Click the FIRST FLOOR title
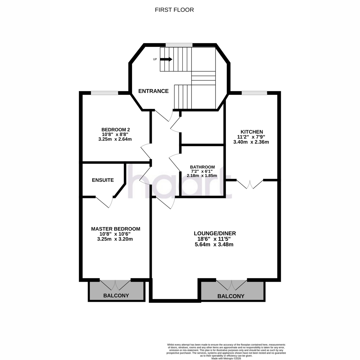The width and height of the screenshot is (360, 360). tap(174, 10)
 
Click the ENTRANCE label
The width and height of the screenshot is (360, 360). tap(153, 91)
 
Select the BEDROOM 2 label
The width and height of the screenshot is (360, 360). tap(115, 130)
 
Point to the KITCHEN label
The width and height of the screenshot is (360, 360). tap(252, 132)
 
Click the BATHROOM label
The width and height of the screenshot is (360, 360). tap(202, 167)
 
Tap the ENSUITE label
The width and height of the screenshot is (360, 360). tap(103, 180)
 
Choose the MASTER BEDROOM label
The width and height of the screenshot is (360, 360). tap(115, 229)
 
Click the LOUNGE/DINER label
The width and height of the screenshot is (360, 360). tap(215, 233)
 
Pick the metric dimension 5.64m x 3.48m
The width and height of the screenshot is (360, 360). tap(214, 244)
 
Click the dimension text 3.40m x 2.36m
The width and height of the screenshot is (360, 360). tap(251, 142)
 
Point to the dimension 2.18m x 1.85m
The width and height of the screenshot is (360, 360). tap(202, 175)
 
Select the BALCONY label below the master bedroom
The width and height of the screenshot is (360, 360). tap(116, 295)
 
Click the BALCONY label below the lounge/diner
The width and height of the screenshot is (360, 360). tap(231, 296)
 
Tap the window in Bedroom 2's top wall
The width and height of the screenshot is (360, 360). tap(105, 93)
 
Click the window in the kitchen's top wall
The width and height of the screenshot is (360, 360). tap(254, 93)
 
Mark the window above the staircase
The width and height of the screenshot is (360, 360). tap(179, 45)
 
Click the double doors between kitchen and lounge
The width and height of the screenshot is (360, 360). tap(250, 184)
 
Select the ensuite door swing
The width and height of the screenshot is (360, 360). tap(105, 202)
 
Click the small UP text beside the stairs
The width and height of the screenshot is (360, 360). tap(155, 59)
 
